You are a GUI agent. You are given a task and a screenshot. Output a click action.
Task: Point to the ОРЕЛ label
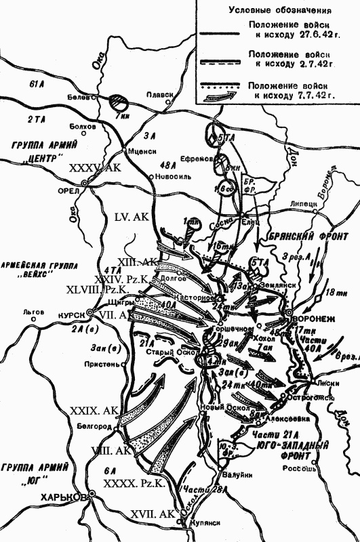coord(68,190)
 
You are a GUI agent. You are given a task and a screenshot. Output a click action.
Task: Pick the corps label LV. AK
coord(132,218)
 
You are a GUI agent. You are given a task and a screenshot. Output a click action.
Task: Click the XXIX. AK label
coord(94,411)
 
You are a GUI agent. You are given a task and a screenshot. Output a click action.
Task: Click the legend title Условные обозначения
coord(279,11)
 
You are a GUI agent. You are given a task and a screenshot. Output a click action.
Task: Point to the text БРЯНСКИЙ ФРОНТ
coord(311,237)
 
